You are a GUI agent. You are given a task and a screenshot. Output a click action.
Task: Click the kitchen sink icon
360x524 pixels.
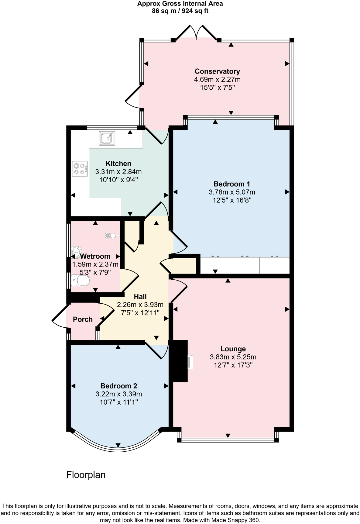(x=107, y=138)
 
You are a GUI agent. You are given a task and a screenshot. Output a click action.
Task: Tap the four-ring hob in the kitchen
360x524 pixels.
(x=80, y=169)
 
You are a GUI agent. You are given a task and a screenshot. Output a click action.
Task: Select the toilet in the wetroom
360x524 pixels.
(x=81, y=281)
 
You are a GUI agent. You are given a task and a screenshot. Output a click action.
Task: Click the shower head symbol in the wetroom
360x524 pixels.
(x=111, y=235)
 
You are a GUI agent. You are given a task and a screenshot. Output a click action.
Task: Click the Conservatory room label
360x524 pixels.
(x=217, y=71)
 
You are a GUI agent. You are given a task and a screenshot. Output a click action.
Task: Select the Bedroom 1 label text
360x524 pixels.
(x=231, y=184)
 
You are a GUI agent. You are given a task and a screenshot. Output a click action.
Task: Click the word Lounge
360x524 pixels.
(x=233, y=349)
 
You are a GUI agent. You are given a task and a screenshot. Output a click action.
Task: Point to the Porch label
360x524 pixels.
(x=83, y=319)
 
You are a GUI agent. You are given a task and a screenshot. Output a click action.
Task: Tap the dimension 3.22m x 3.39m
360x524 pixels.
(x=119, y=394)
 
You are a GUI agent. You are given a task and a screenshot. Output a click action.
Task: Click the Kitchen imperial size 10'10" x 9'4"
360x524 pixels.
(x=118, y=180)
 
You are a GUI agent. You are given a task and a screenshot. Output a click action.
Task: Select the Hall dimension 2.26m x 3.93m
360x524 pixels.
(x=140, y=305)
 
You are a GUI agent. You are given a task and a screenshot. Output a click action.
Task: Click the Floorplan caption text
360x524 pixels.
(x=86, y=475)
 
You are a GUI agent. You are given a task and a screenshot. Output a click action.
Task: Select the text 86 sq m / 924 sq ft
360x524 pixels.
(x=180, y=11)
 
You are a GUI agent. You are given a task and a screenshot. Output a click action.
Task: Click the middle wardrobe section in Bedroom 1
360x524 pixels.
(x=245, y=266)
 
